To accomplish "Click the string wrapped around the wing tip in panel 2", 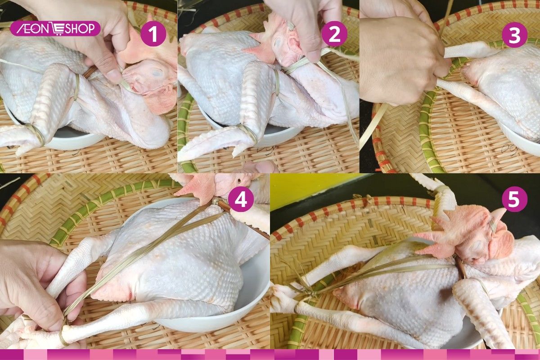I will pos(247,133).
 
